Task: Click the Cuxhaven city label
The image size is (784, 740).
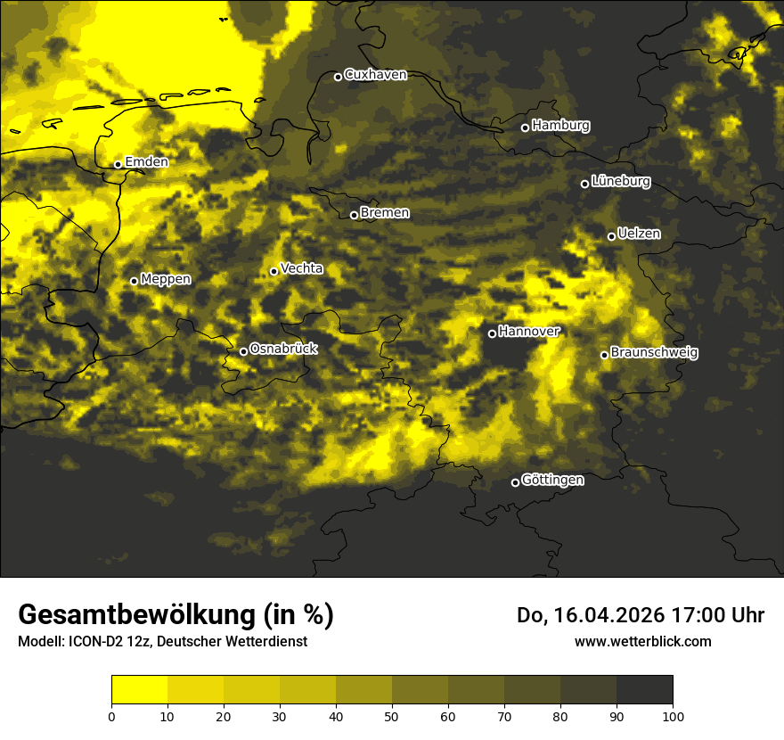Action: tap(375, 75)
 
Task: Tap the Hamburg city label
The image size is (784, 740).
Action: tap(560, 126)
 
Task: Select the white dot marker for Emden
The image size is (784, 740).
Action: tap(118, 164)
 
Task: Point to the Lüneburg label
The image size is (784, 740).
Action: tap(621, 182)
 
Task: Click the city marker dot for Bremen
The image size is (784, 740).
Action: tap(354, 215)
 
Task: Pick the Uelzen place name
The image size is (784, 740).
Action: tap(639, 234)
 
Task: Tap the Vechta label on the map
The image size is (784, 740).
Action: tap(301, 269)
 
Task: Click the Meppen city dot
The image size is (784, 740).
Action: tap(134, 281)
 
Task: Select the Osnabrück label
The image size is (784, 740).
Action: tap(283, 349)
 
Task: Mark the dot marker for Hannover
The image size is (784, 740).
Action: tap(492, 333)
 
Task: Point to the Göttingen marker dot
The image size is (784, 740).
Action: tap(515, 482)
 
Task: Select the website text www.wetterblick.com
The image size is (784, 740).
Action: tap(643, 642)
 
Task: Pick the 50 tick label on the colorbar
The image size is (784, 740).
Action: tap(392, 715)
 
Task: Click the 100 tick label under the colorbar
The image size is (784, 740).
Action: tap(673, 715)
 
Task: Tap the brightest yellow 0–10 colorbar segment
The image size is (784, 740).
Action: tap(139, 690)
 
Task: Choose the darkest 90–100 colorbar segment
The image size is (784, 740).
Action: tap(644, 690)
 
